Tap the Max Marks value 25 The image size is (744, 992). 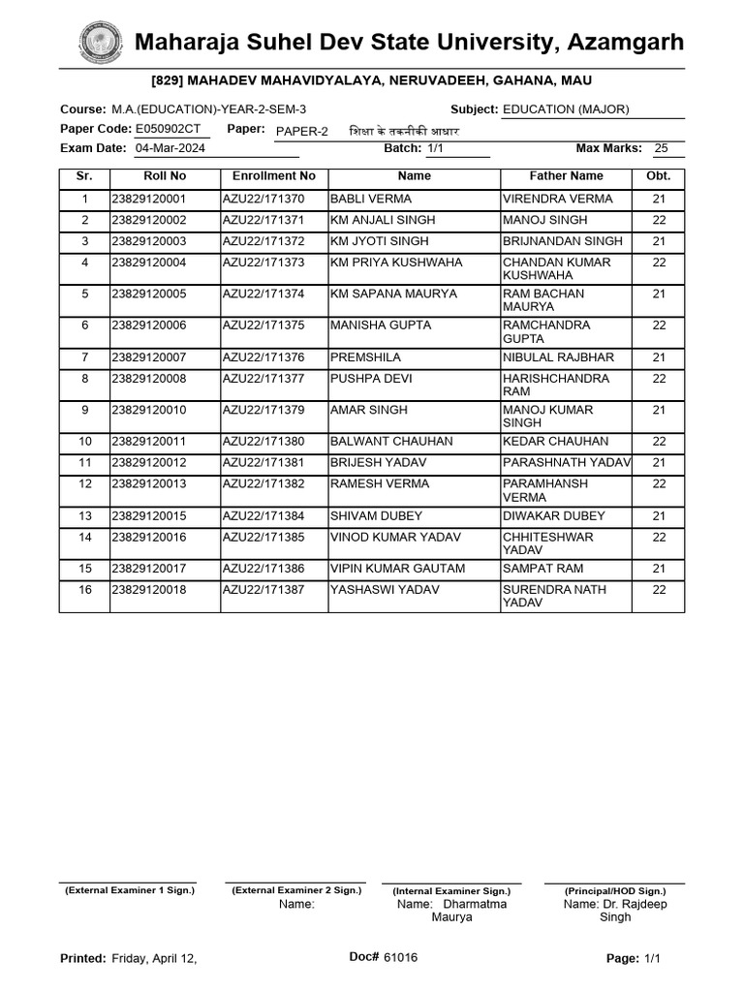(x=662, y=148)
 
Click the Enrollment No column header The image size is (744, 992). (x=274, y=176)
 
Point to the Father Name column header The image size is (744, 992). (x=566, y=176)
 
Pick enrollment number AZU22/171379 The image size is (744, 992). (x=263, y=410)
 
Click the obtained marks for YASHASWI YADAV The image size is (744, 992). (x=659, y=590)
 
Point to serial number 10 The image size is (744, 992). (x=85, y=442)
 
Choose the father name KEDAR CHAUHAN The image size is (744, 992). (x=556, y=442)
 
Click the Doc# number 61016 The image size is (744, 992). (x=401, y=958)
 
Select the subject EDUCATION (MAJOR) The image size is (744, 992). (x=566, y=109)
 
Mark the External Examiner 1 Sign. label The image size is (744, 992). (x=130, y=889)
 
